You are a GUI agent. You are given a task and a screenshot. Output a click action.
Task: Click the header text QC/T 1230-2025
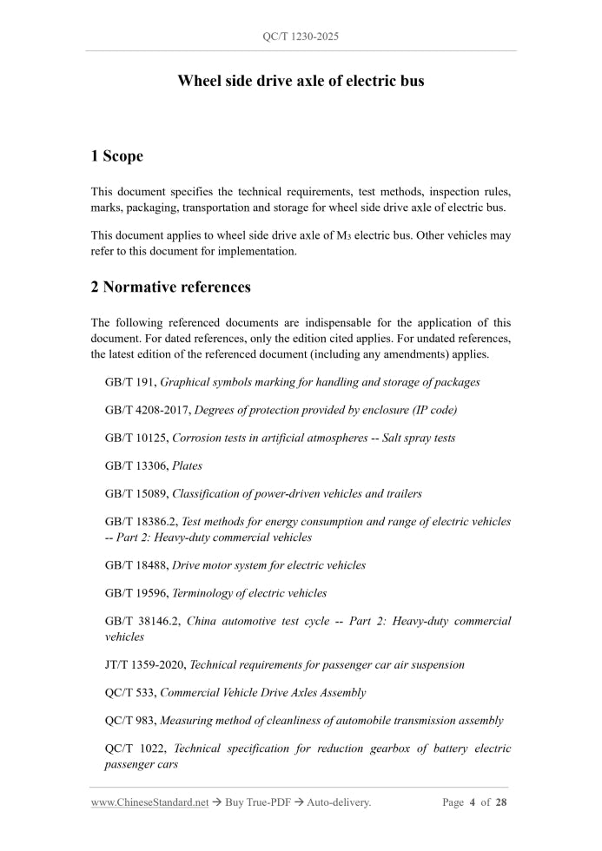point(301,37)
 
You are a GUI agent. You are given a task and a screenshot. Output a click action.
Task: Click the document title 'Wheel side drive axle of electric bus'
point(301,81)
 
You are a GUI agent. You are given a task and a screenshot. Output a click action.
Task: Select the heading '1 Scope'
point(116,156)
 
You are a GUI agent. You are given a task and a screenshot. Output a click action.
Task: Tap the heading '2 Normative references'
point(170,287)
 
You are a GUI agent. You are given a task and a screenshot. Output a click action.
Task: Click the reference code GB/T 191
point(130,382)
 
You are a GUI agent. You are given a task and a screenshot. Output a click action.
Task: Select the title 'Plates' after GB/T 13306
point(187,466)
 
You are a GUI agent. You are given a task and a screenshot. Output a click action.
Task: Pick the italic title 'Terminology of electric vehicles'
point(249,593)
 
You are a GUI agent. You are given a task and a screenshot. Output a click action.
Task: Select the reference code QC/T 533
point(130,693)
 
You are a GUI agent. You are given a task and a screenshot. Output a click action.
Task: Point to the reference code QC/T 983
point(130,721)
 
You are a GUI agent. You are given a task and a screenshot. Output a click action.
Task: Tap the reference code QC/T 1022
point(133,749)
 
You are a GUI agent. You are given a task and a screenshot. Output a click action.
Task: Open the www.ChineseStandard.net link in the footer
point(149,802)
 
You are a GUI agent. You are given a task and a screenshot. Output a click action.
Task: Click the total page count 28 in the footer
point(501,802)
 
